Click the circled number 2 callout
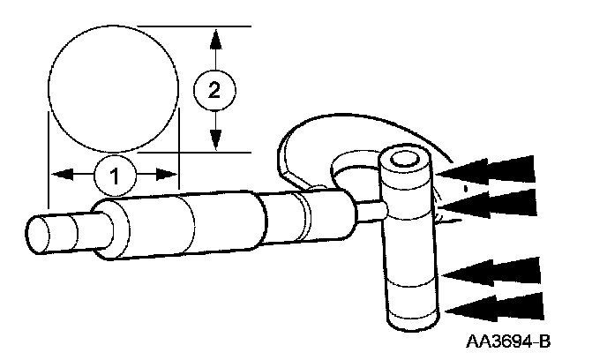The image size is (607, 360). [x=212, y=89]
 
